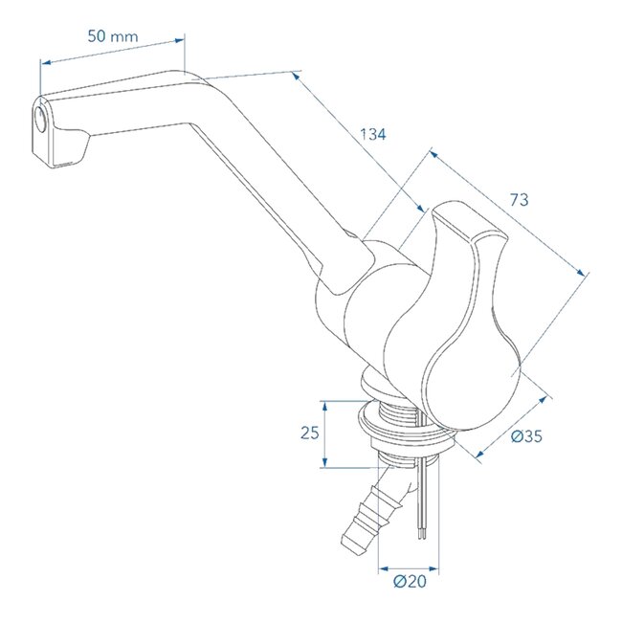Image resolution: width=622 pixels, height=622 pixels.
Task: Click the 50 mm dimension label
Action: (112, 36)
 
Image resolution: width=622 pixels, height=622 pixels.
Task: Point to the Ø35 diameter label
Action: (526, 436)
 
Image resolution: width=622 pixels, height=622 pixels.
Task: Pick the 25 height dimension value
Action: (309, 433)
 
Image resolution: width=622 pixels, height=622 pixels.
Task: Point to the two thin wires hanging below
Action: (421, 502)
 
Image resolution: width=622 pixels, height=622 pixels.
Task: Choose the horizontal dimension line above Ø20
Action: (409, 561)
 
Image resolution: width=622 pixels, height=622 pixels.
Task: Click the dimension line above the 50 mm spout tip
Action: (112, 52)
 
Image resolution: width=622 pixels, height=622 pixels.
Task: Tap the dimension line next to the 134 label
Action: (359, 139)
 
